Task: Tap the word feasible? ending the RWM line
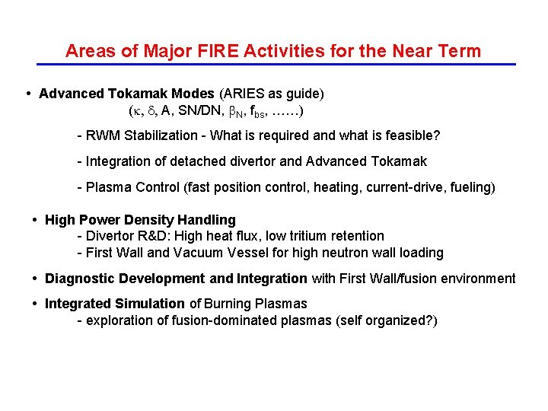point(413,135)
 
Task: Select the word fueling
point(470,187)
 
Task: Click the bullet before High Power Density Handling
point(36,220)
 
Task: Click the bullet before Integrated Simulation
point(36,304)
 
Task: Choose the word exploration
point(118,320)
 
